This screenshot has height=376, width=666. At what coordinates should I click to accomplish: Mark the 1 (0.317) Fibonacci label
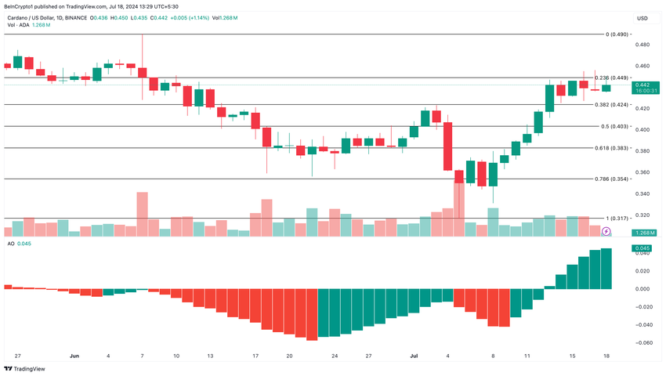[617, 218]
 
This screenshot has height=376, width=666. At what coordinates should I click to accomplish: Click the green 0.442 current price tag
[642, 85]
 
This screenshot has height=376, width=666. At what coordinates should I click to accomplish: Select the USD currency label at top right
[642, 18]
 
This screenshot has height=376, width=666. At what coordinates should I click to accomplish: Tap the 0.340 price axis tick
[642, 193]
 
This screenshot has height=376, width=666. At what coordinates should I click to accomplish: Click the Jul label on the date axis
[415, 355]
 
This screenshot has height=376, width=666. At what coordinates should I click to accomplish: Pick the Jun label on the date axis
[74, 355]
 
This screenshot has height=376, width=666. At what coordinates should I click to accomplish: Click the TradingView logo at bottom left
[25, 368]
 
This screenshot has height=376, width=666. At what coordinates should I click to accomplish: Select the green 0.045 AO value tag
[642, 249]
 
